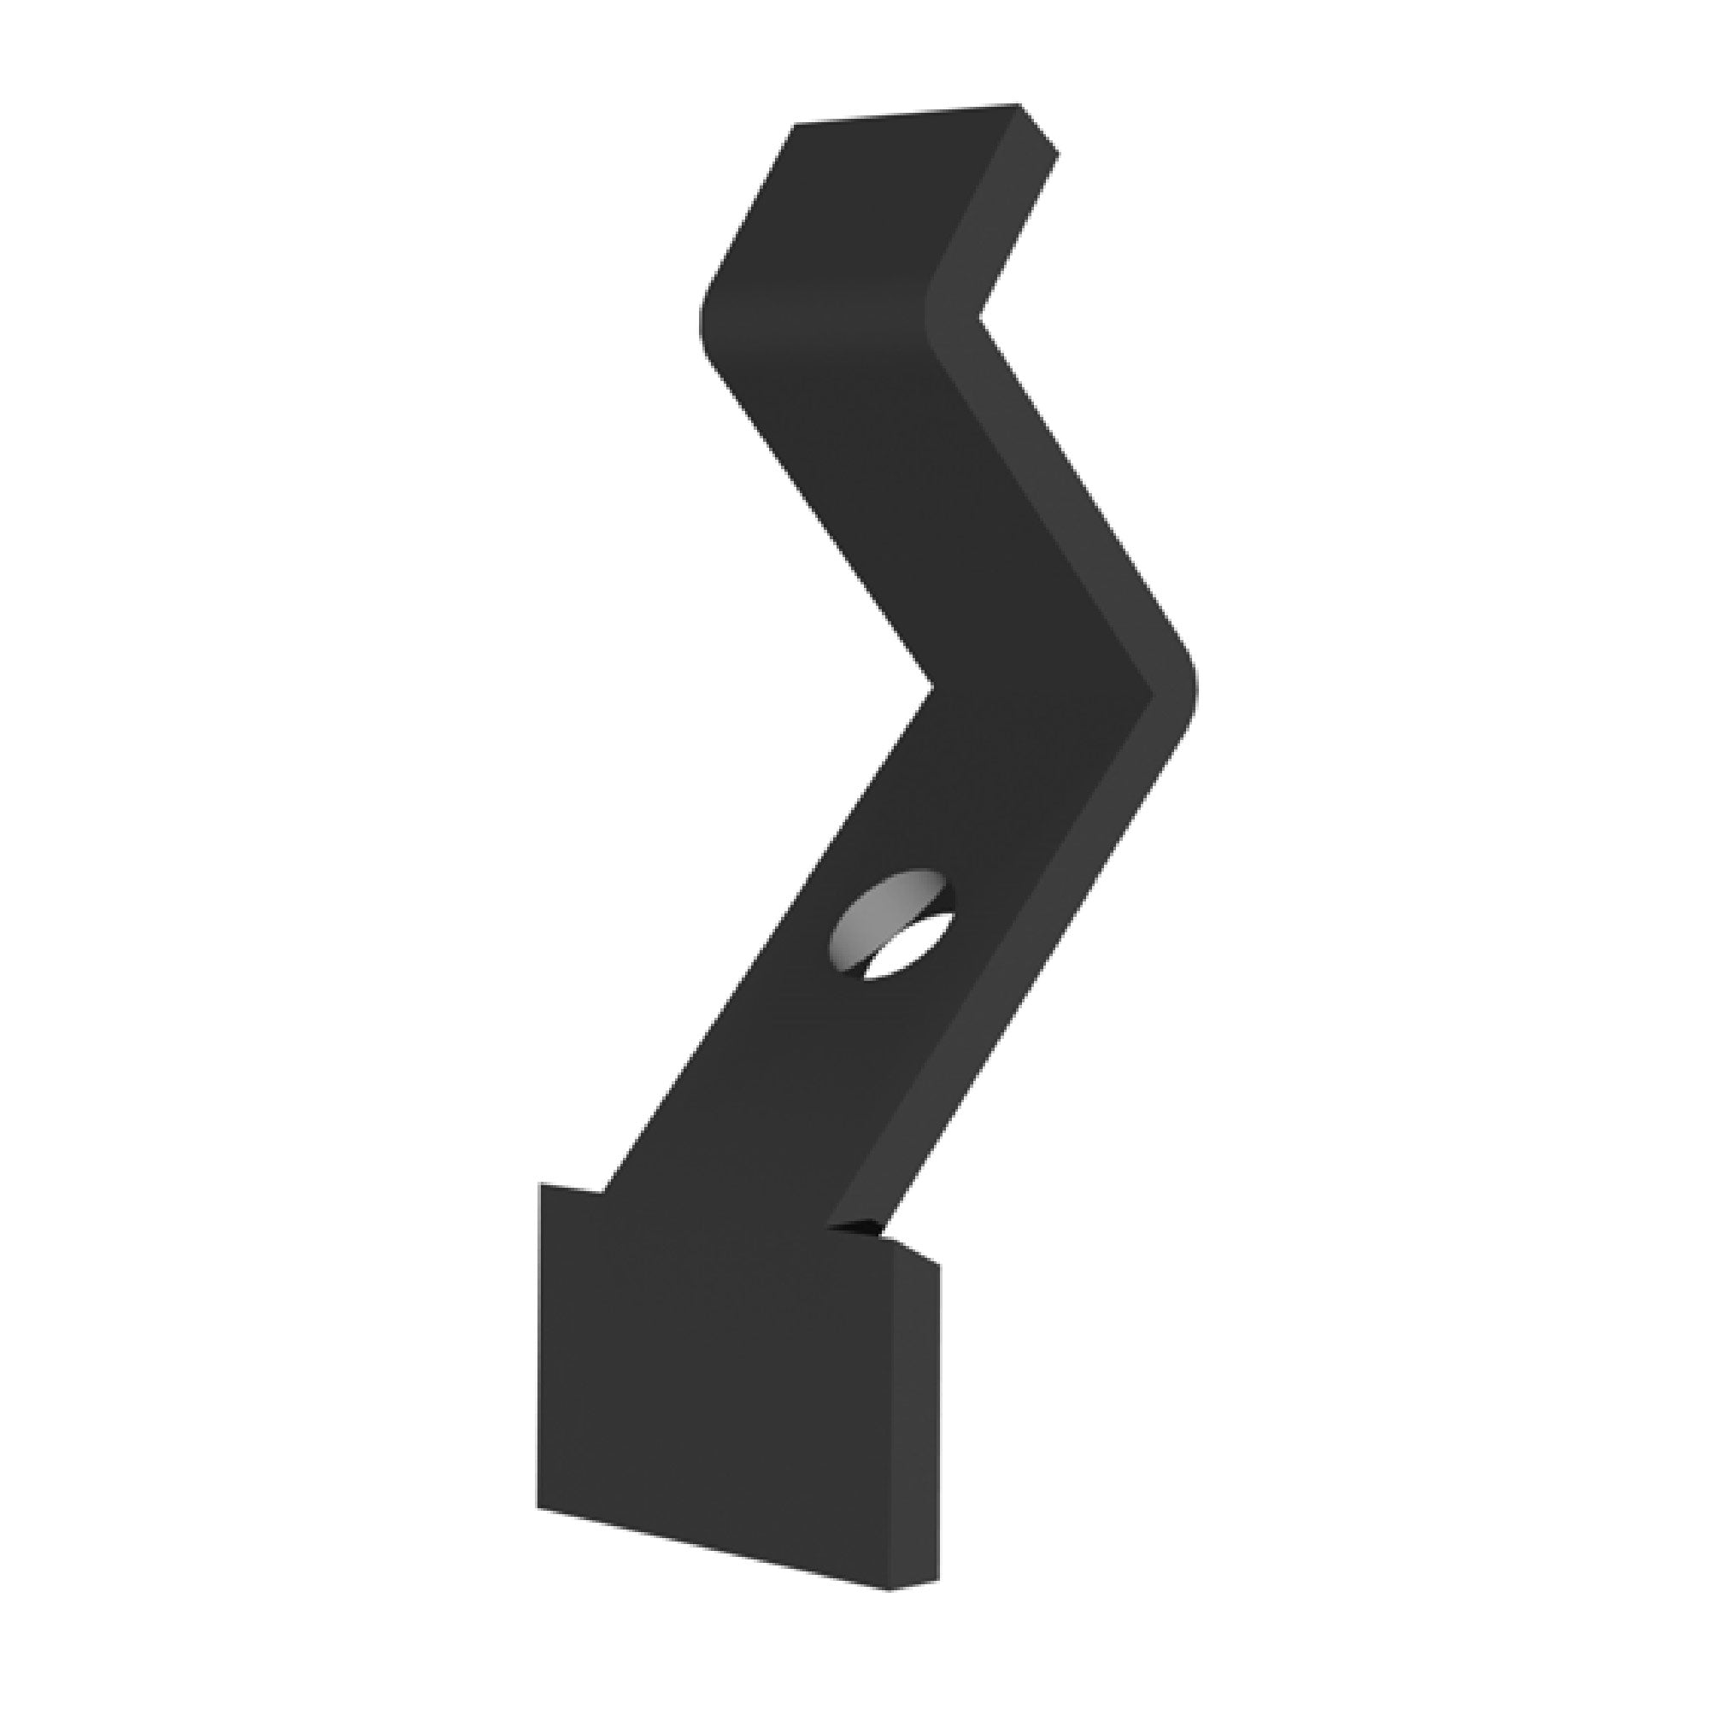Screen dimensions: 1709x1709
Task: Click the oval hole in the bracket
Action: pyautogui.click(x=891, y=925)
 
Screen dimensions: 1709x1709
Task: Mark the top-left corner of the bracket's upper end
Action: pyautogui.click(x=795, y=126)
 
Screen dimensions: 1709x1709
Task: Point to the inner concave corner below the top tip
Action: pyautogui.click(x=981, y=316)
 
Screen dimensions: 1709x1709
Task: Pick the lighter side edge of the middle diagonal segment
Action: pyautogui.click(x=1061, y=496)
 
